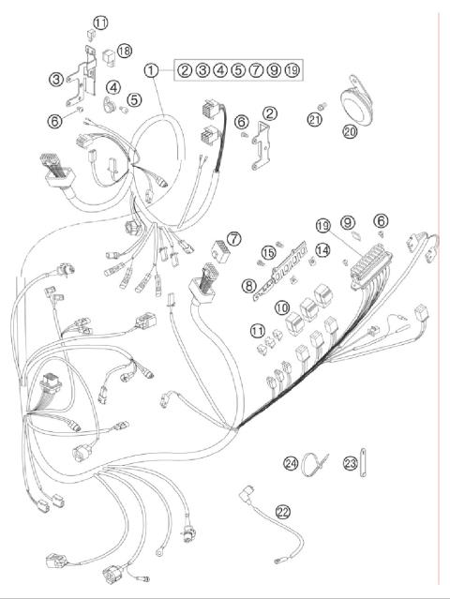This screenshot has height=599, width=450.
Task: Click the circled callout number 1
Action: [151, 70]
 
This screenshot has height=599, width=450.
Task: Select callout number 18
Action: [124, 50]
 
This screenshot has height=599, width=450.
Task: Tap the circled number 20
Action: [350, 132]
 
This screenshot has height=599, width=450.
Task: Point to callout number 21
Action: [314, 119]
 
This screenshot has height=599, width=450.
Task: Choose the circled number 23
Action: [350, 462]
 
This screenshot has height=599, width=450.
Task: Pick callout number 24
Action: [291, 463]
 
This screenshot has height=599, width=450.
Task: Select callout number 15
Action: [269, 251]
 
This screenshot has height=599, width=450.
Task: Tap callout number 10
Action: [281, 307]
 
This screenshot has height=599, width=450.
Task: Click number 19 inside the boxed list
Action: [292, 70]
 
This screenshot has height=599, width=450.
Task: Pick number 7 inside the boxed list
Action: [256, 70]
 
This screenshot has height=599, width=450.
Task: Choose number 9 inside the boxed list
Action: [274, 70]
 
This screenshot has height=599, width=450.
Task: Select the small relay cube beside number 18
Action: [109, 52]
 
